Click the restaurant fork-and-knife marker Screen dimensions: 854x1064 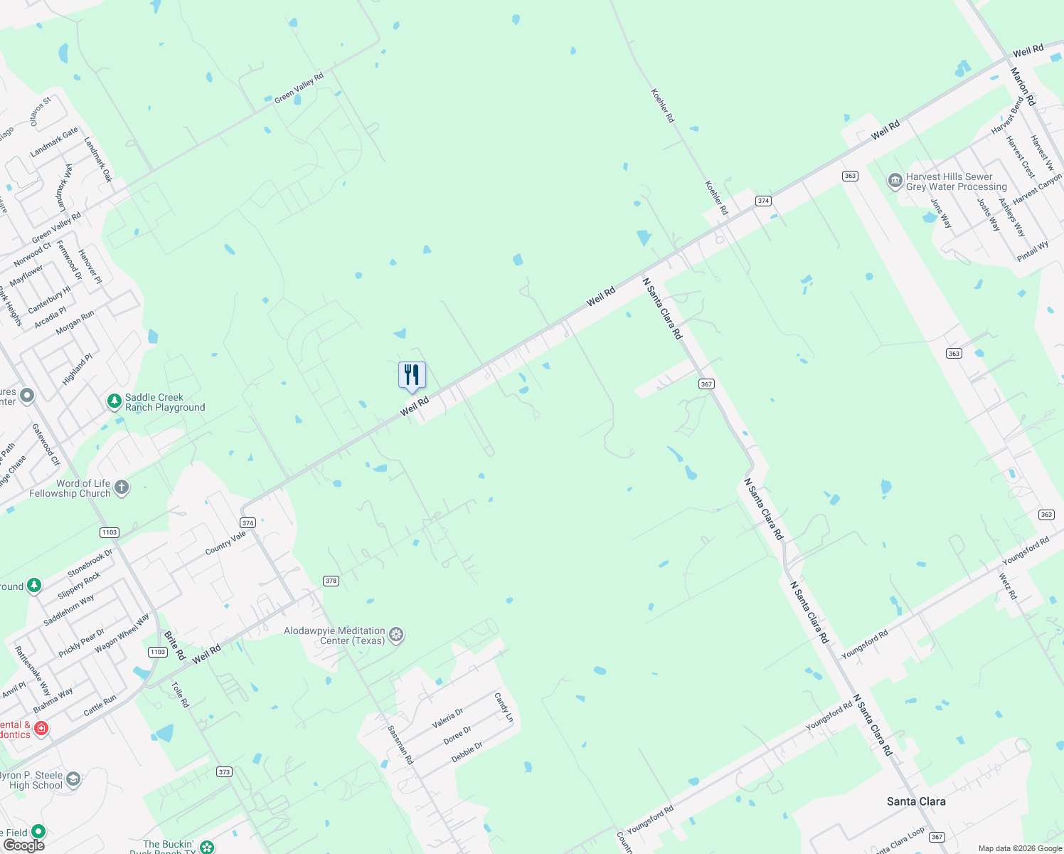pyautogui.click(x=412, y=375)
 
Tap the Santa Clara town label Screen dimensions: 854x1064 pyautogui.click(x=916, y=801)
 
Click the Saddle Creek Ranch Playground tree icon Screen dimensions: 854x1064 pyautogui.click(x=115, y=402)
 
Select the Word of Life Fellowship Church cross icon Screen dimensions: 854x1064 pyautogui.click(x=122, y=487)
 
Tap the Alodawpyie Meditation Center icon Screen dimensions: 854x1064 pyautogui.click(x=396, y=635)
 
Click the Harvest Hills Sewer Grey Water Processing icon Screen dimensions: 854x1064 pyautogui.click(x=895, y=181)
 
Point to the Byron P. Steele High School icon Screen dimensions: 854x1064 pyautogui.click(x=73, y=780)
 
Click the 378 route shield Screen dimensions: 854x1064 pyautogui.click(x=331, y=581)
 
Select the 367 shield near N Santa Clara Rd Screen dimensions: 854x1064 pyautogui.click(x=706, y=384)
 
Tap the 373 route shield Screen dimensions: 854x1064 pyautogui.click(x=224, y=771)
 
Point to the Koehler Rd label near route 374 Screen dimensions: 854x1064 pyautogui.click(x=716, y=198)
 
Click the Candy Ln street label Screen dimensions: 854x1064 pyautogui.click(x=504, y=707)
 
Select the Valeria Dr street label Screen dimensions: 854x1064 pyautogui.click(x=447, y=718)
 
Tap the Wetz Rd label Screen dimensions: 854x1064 pyautogui.click(x=1008, y=586)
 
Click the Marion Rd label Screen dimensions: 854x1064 pyautogui.click(x=1023, y=86)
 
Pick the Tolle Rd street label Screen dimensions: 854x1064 pyautogui.click(x=181, y=694)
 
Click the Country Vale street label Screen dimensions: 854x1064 pyautogui.click(x=225, y=543)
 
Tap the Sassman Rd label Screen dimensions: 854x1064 pyautogui.click(x=400, y=744)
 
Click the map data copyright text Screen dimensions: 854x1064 pyautogui.click(x=1020, y=848)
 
